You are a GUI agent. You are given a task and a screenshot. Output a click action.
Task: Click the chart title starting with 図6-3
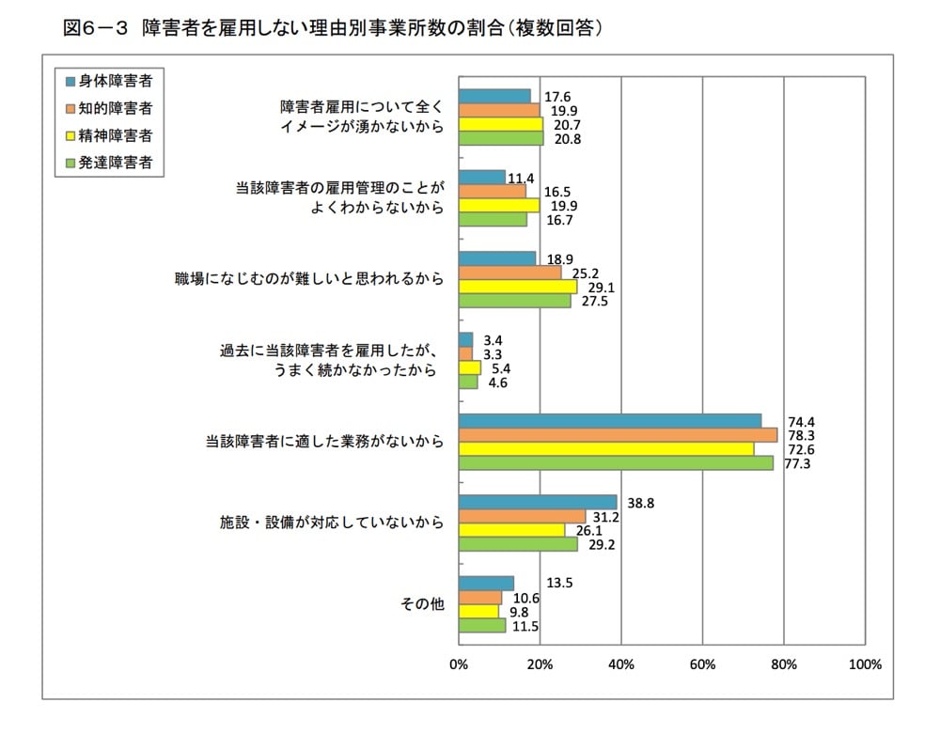(332, 28)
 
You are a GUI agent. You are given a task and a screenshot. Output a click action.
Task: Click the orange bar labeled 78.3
(618, 435)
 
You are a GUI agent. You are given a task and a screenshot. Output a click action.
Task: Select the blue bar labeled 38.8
(538, 503)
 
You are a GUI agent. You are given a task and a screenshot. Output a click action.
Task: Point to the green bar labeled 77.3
(616, 462)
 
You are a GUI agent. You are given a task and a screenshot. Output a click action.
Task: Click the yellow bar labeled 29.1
(518, 287)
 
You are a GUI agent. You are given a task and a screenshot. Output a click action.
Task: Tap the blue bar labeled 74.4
(610, 421)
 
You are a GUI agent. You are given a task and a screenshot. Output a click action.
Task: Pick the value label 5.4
(502, 367)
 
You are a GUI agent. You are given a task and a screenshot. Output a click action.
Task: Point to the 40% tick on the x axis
(620, 664)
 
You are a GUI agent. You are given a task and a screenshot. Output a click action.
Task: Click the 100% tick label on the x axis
(864, 664)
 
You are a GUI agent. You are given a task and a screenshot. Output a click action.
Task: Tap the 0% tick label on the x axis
(459, 664)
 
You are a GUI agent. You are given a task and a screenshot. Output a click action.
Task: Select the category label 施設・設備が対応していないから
(325, 523)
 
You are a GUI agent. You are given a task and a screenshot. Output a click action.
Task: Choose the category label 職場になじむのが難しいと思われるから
(309, 279)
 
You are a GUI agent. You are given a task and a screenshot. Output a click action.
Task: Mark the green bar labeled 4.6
(468, 382)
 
